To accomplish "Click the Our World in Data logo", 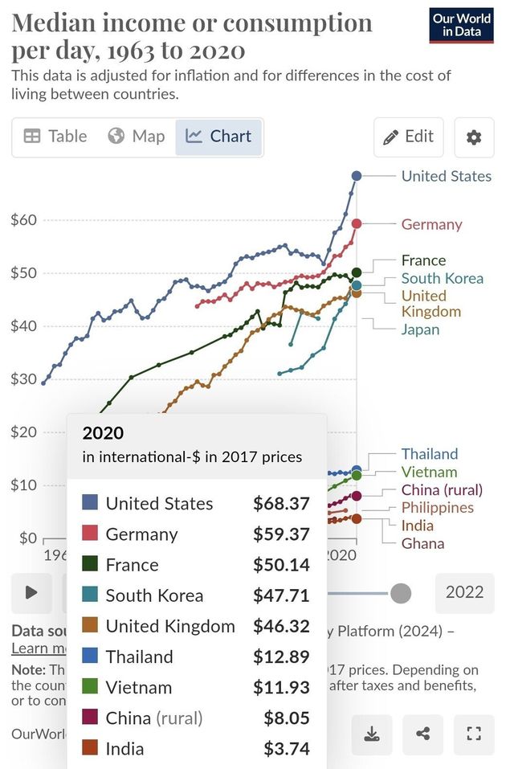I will (x=461, y=26).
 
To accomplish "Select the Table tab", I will (x=55, y=137).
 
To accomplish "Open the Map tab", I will (x=137, y=137).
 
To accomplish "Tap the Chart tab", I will (x=219, y=137).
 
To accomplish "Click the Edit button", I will (x=408, y=137).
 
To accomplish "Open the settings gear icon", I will (x=474, y=137).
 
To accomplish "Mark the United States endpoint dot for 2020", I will (x=357, y=175).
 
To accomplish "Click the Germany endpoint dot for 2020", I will (x=357, y=223).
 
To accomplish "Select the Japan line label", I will (x=420, y=329).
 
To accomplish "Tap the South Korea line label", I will (x=442, y=278).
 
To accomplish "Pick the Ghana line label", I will (x=422, y=543).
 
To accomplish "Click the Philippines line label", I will (x=437, y=507).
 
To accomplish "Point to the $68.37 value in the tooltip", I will (x=281, y=504).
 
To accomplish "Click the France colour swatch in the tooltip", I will (x=91, y=565).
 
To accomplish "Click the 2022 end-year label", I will (x=464, y=592).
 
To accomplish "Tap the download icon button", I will (x=372, y=734).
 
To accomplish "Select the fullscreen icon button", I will (x=473, y=734).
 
